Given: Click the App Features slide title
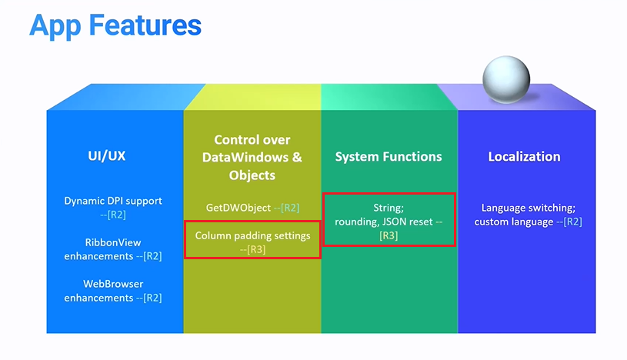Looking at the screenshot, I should (115, 25).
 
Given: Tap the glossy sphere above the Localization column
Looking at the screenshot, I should (506, 80).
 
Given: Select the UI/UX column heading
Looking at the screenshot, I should (106, 156).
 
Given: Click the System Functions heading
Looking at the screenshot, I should (389, 156).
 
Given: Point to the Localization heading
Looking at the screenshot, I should (524, 156).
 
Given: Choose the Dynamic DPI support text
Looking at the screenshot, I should (113, 201).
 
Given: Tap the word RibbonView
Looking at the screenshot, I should (113, 242).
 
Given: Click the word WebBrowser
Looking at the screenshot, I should (113, 284).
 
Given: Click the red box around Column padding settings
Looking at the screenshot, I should (252, 241).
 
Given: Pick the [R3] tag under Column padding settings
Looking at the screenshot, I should (255, 248).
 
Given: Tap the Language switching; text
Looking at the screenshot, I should (528, 208).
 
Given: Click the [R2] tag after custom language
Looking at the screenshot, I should (572, 222).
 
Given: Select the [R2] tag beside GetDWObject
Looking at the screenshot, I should (290, 208).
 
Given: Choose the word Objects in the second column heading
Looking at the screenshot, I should (252, 175).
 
